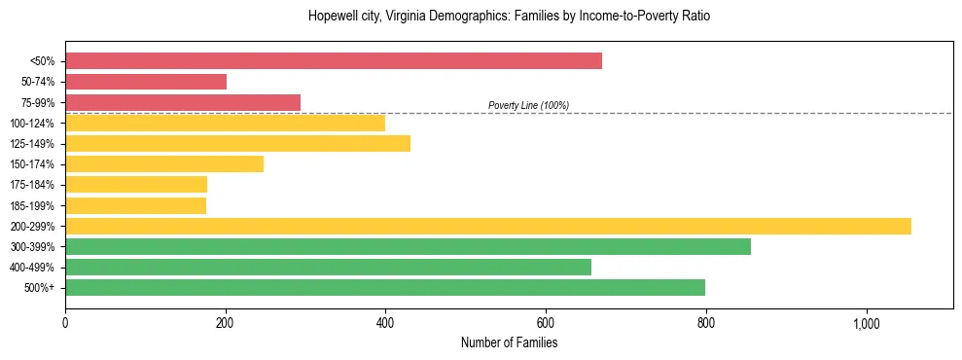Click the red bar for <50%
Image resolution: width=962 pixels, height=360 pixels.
tap(334, 61)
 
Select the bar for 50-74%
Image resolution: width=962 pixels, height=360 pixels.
tap(146, 82)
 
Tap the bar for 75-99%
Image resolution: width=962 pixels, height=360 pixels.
tap(183, 102)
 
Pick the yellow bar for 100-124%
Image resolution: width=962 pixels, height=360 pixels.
tap(225, 123)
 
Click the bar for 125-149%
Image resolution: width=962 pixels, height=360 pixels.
tap(237, 143)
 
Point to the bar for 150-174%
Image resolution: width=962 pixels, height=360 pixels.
tap(164, 163)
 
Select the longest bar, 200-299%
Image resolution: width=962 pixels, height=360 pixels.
tap(488, 226)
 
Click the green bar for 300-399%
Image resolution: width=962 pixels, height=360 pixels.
tap(408, 246)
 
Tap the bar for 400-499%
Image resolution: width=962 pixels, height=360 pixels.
tap(328, 267)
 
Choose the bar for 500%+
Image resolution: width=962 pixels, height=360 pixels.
tap(385, 287)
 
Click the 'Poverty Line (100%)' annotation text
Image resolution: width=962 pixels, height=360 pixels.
tap(528, 105)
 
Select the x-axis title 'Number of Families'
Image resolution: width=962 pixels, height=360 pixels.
tap(509, 342)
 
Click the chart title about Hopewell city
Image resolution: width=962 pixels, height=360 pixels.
tap(509, 17)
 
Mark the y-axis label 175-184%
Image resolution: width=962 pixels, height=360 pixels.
tap(32, 185)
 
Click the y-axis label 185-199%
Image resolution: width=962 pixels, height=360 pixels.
tap(32, 205)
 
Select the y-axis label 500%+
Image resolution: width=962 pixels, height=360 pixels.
tap(39, 287)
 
